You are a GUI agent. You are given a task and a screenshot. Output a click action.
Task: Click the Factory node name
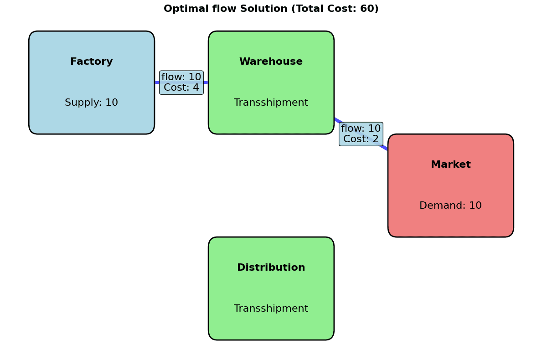(91, 62)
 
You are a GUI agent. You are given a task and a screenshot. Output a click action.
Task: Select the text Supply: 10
(91, 103)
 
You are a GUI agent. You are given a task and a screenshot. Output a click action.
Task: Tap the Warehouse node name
(271, 62)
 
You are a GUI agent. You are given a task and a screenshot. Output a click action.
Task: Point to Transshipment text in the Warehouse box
(271, 103)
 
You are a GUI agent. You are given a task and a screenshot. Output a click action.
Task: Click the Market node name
(450, 165)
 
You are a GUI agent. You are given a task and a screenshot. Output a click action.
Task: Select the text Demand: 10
(450, 206)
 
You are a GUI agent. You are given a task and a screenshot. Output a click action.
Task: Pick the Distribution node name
(271, 267)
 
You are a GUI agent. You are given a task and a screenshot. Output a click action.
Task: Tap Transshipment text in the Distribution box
(271, 309)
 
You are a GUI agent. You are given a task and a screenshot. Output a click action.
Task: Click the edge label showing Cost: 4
(181, 87)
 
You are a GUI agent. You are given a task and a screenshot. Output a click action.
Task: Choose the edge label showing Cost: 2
(361, 139)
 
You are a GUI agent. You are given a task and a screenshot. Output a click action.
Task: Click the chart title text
(271, 9)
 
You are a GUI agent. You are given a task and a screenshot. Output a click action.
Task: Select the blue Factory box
(91, 82)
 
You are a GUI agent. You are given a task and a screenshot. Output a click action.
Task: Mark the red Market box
(450, 185)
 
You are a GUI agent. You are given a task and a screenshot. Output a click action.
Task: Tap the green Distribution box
(271, 288)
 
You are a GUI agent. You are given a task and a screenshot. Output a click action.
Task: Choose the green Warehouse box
(271, 82)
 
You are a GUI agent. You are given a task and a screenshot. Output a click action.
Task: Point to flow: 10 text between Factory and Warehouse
(181, 77)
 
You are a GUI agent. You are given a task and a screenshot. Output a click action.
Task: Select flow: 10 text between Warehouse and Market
(361, 129)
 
